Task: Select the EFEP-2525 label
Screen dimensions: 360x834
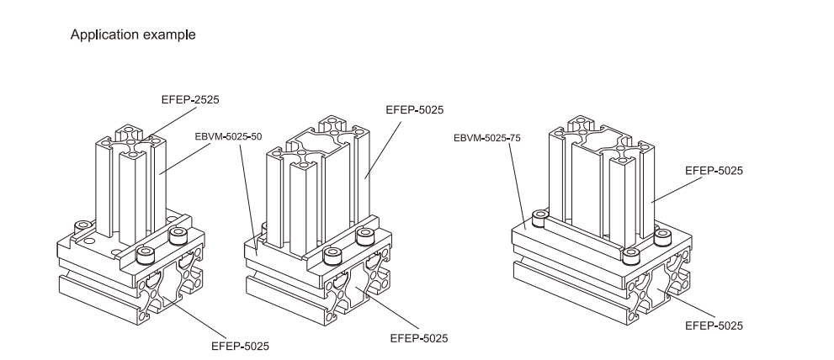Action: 190,99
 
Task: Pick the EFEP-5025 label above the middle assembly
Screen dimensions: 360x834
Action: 414,109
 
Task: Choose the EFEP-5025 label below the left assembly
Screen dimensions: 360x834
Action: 240,345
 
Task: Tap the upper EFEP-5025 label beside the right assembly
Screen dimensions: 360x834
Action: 714,170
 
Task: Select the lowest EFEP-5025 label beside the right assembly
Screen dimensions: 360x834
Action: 714,325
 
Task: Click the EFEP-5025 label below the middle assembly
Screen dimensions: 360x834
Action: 419,338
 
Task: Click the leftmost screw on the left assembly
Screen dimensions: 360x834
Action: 82,225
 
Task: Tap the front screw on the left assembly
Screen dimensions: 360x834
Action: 146,253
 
